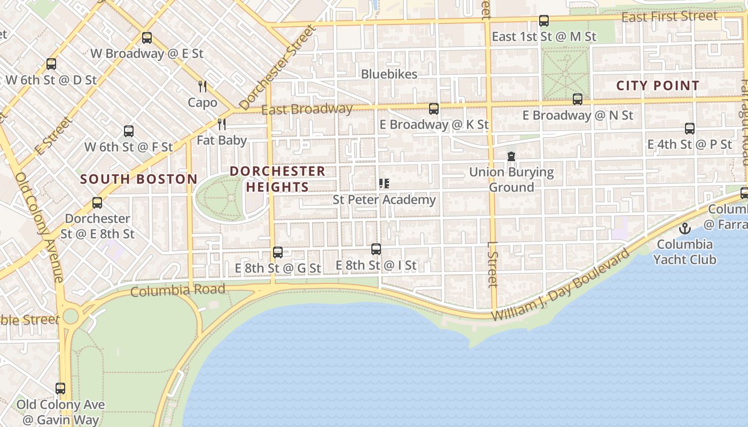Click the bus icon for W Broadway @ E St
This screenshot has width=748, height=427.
147,38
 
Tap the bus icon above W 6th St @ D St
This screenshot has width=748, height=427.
51,64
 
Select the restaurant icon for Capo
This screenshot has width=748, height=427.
202,86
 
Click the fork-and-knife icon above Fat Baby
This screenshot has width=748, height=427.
222,124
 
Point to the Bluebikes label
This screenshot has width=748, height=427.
389,74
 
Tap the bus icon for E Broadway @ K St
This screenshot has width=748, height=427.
434,109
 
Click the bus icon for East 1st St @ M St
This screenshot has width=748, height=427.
544,21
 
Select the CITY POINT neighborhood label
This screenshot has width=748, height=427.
658,85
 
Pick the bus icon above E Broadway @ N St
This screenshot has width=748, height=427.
578,99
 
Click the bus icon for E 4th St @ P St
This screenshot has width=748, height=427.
690,129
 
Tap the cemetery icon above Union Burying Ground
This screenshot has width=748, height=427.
511,156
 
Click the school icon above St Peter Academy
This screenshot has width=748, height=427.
384,184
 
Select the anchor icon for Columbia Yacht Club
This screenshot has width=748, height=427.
684,228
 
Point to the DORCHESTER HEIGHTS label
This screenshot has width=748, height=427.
277,179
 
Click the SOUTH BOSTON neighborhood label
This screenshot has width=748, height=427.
139,179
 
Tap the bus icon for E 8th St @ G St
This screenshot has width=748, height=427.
278,252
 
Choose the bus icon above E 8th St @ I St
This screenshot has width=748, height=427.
376,249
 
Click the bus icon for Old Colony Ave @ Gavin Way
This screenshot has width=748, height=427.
60,389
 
